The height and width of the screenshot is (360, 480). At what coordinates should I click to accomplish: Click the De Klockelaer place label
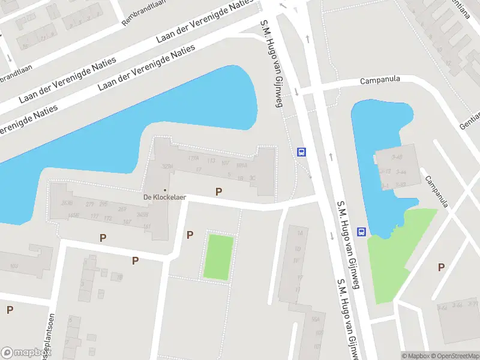pyautogui.click(x=165, y=197)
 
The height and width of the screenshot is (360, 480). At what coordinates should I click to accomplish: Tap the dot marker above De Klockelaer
pyautogui.click(x=166, y=190)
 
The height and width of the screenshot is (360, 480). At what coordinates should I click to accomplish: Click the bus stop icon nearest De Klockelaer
pyautogui.click(x=301, y=152)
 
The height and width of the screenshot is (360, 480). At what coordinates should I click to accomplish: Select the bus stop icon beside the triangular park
pyautogui.click(x=362, y=232)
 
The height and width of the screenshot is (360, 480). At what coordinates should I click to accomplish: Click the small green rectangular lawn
pyautogui.click(x=218, y=257)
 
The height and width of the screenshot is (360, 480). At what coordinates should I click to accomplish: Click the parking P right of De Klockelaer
pyautogui.click(x=218, y=191)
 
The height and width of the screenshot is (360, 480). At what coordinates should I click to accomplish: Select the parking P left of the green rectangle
pyautogui.click(x=190, y=235)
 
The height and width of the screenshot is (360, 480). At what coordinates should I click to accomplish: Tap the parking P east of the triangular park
pyautogui.click(x=442, y=268)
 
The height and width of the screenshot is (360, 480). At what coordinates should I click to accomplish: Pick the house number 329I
pyautogui.click(x=167, y=166)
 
